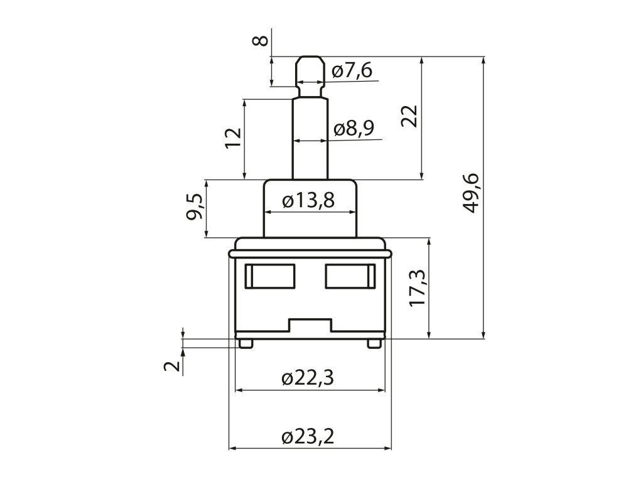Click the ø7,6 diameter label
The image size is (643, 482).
tap(352, 70)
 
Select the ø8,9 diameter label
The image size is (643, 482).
tap(354, 128)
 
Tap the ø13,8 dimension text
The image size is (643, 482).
tap(308, 200)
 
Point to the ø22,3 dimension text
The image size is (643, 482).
tap(308, 378)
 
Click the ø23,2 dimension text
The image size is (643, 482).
tap(308, 437)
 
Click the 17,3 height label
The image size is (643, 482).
tap(418, 288)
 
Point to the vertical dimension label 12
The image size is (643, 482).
tap(232, 138)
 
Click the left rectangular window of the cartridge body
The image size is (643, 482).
tap(269, 277)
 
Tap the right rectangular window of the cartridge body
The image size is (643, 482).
tap(350, 277)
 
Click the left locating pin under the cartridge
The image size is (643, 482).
tap(245, 343)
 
